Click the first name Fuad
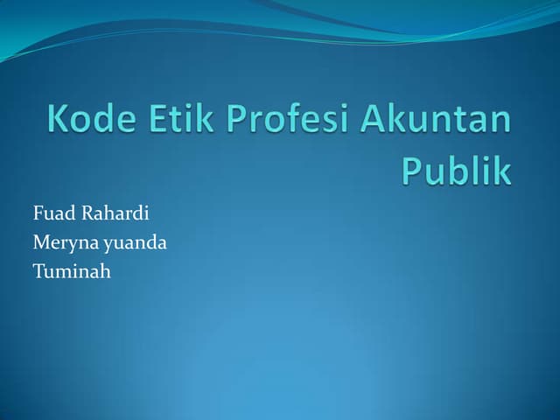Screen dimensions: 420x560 (51, 213)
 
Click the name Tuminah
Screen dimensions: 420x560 (72, 271)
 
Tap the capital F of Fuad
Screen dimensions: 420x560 (38, 213)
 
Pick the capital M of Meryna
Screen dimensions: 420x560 (40, 242)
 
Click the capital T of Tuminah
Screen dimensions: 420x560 (38, 271)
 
